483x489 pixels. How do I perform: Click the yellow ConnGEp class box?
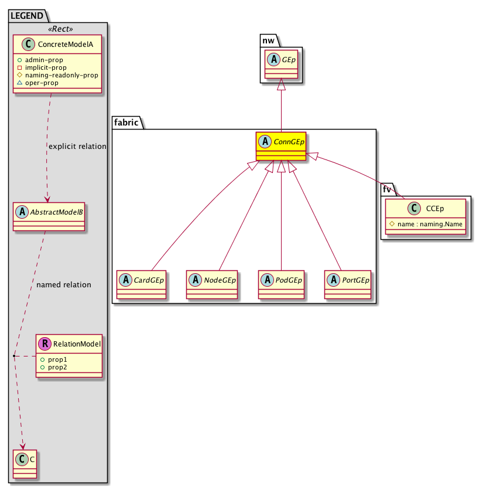[282, 147]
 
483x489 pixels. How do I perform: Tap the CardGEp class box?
[142, 284]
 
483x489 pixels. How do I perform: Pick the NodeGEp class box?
[212, 284]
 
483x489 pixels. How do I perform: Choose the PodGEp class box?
[282, 284]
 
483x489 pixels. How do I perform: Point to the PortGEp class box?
[349, 284]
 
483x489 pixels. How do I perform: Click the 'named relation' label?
[64, 285]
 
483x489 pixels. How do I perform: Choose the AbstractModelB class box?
[49, 216]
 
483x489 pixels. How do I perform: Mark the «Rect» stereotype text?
[57, 29]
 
